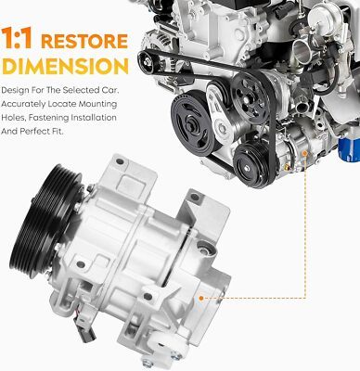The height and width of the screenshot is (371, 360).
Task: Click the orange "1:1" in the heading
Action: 17,38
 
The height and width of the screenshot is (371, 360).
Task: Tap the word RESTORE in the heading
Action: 84,41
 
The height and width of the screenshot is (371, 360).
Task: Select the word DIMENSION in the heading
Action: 65,66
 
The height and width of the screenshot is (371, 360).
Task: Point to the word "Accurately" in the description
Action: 23,104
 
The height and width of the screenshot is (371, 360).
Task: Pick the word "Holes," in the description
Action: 13,118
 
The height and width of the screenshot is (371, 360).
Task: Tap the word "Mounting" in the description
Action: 97,104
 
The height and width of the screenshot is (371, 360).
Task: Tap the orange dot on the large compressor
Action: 201,299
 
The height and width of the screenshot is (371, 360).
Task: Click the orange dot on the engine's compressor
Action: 305,153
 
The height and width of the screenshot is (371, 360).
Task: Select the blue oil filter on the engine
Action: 350,148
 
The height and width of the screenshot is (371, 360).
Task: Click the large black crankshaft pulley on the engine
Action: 193,122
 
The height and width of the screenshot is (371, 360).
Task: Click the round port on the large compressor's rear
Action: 204,249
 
